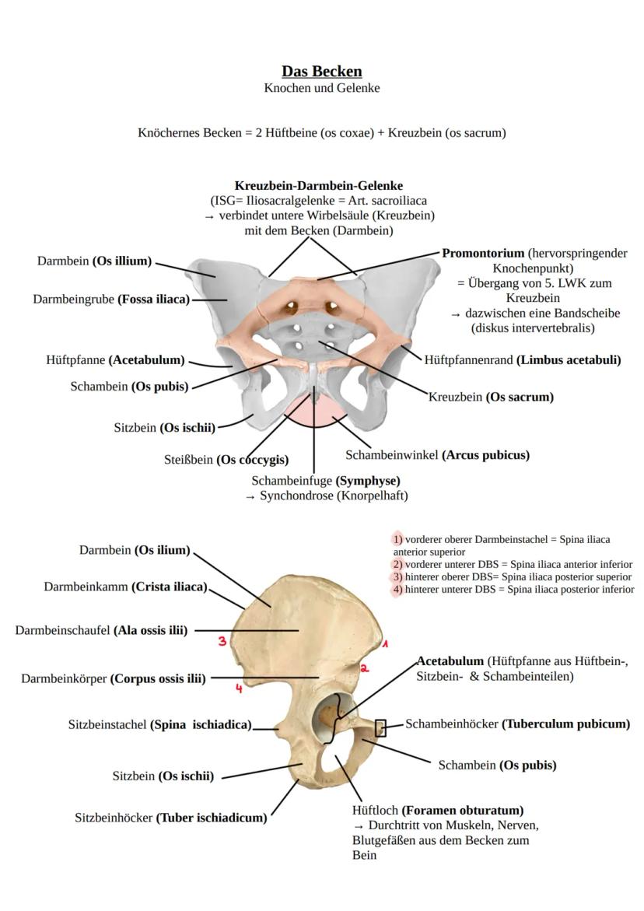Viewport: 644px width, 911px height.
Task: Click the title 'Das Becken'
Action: [x=321, y=72]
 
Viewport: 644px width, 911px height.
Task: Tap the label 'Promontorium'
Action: [x=483, y=254]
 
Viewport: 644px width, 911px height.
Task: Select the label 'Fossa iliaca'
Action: [x=153, y=300]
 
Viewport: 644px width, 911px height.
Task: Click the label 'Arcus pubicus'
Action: [x=485, y=455]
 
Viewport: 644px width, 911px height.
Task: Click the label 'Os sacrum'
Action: [x=520, y=397]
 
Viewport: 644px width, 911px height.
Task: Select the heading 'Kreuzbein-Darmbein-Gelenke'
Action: [x=319, y=186]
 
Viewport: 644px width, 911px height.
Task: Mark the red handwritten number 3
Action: [x=222, y=641]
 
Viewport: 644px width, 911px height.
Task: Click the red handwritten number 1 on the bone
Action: [x=384, y=644]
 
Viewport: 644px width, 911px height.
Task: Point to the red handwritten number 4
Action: [x=239, y=689]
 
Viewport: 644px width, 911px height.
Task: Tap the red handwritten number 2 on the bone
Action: [x=364, y=668]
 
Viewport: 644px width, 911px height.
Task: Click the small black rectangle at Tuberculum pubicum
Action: [x=380, y=728]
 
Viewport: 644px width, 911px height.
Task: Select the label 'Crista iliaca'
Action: [x=169, y=587]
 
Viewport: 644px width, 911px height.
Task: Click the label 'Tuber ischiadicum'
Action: [x=212, y=818]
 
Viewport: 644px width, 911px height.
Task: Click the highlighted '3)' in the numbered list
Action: [x=397, y=577]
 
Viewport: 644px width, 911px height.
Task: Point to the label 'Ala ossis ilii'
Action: [x=150, y=630]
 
